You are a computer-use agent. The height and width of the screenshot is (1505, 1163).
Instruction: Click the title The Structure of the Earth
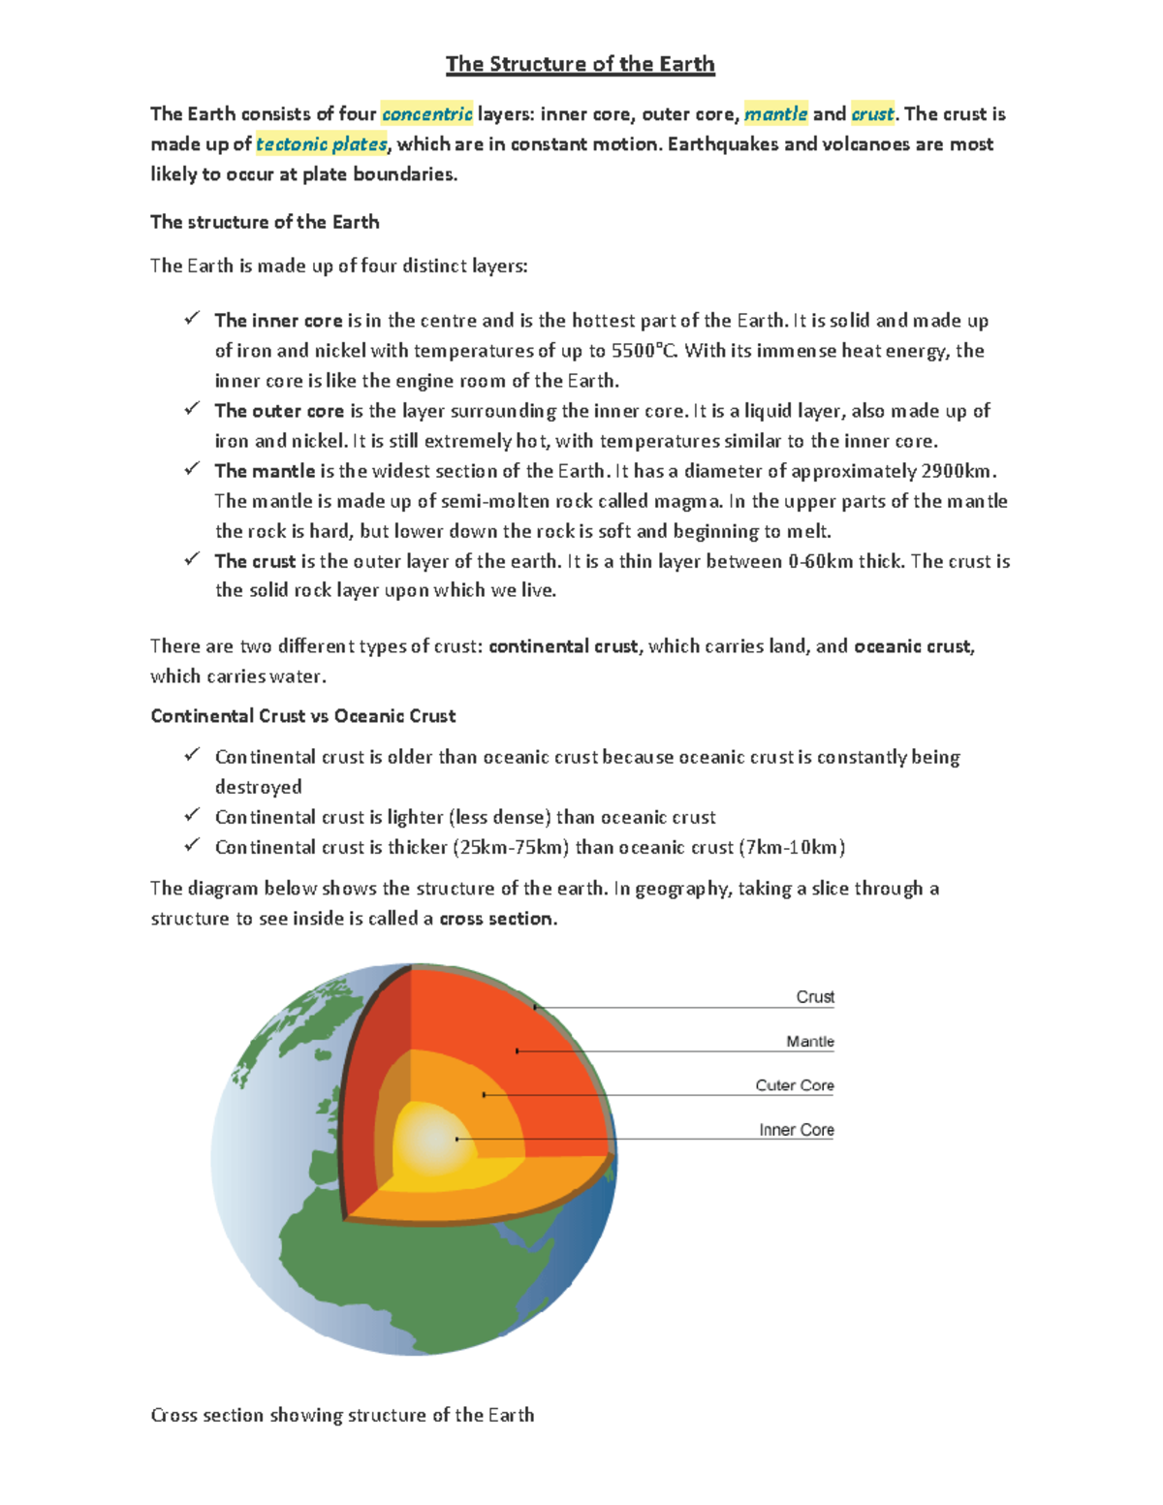(580, 64)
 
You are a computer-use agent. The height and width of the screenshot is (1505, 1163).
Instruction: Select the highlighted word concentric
(426, 114)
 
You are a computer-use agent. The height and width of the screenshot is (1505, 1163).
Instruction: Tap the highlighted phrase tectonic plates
(321, 144)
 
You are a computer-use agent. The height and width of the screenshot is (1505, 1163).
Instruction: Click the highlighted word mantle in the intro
(775, 114)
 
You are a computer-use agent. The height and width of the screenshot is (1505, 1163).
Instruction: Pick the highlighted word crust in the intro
(872, 114)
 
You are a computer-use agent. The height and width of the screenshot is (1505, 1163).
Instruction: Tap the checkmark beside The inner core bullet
(192, 319)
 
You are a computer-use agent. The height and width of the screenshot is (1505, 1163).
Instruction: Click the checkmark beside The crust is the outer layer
(192, 559)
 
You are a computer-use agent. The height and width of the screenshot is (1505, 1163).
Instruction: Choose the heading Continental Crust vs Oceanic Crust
(302, 716)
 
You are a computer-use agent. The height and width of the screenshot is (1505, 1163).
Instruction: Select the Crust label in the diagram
(814, 997)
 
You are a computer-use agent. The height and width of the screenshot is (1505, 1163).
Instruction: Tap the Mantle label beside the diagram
(809, 1042)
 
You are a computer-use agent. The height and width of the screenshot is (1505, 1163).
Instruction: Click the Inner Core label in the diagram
(796, 1130)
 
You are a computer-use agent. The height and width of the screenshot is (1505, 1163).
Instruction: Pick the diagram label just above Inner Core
(794, 1085)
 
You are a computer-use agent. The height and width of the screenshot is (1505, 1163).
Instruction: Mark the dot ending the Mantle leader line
(518, 1050)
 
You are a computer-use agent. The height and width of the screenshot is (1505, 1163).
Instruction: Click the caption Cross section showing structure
(342, 1415)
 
